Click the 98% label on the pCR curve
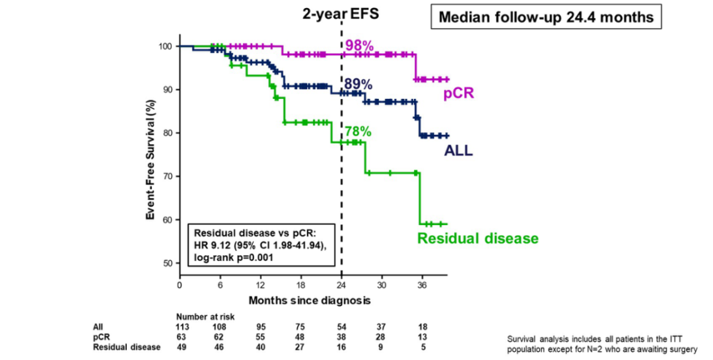coord(359,46)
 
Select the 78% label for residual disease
coord(357,131)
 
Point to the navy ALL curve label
coord(458,151)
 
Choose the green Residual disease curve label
coord(478,238)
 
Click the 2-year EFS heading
coord(341,13)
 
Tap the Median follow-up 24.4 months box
coord(545,17)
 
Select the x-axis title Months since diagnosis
coord(310,300)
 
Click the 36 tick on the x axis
coord(422,286)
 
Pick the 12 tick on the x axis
coord(260,286)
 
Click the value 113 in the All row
coord(182,326)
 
